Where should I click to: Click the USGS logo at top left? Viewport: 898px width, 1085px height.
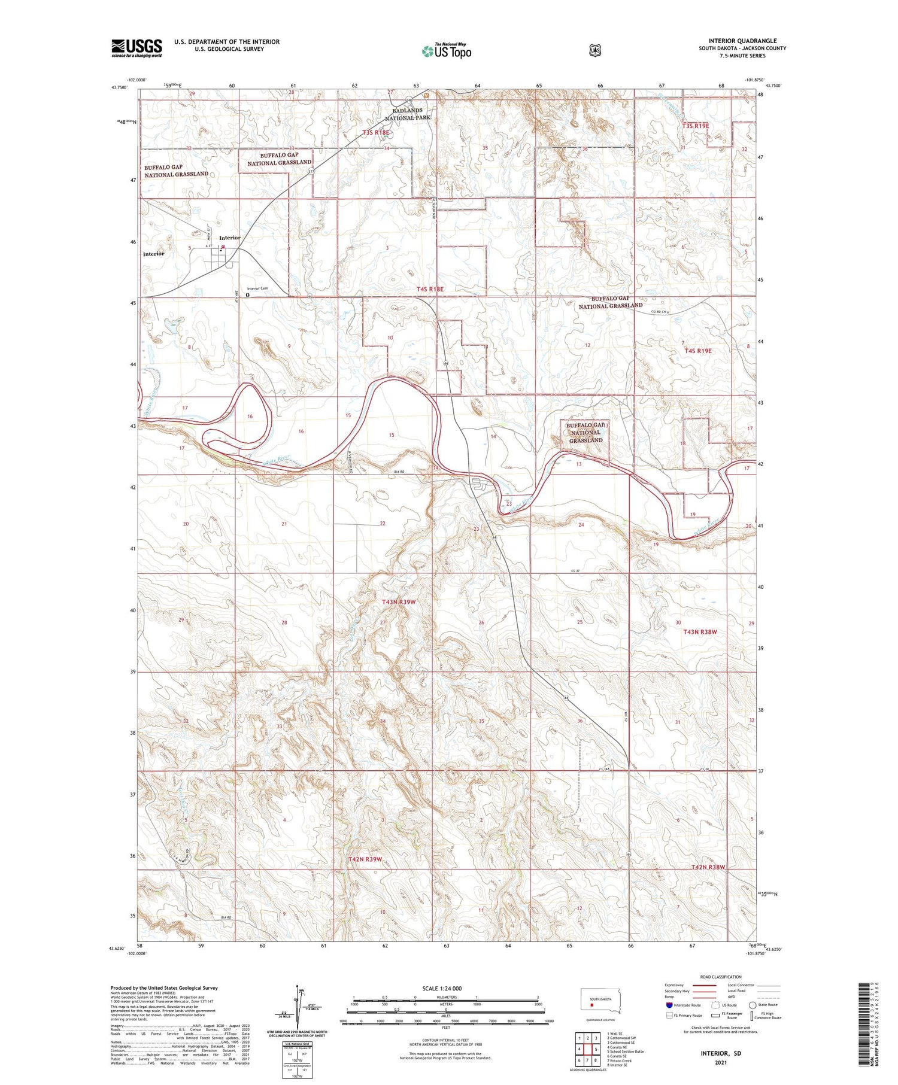pos(136,48)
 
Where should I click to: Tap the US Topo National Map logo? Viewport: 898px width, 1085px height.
pos(447,51)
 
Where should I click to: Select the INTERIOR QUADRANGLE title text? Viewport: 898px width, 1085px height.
pos(742,41)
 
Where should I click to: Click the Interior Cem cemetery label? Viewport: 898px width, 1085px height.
pos(257,288)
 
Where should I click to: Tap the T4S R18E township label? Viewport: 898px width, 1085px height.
pos(430,289)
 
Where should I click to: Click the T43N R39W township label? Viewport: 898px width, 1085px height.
pos(398,601)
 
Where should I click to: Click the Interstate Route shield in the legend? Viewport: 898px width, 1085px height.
pos(669,1005)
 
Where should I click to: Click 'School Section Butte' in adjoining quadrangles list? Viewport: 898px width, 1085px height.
pos(625,1051)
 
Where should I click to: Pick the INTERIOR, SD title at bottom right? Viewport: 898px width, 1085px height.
pos(716,1052)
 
